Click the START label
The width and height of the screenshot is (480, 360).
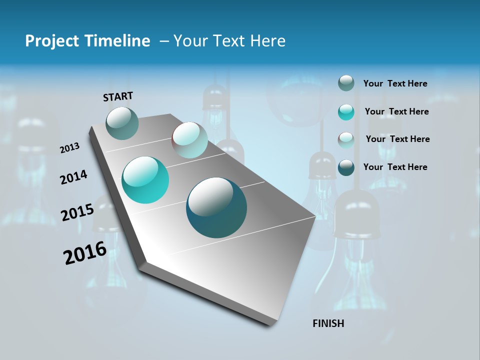[118, 96]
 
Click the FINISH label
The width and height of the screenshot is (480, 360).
[328, 323]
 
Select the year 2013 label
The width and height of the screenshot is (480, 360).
[69, 148]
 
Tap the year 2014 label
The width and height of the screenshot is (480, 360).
[74, 177]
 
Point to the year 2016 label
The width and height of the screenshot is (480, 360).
[85, 252]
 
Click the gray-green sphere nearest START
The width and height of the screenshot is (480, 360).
[122, 123]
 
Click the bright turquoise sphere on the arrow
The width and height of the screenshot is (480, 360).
[145, 180]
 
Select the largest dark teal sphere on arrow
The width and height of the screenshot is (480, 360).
[216, 207]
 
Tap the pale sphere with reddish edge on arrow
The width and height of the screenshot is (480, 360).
[189, 140]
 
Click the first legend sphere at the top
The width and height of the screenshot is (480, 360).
[346, 83]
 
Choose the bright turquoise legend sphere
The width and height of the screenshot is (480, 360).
[346, 112]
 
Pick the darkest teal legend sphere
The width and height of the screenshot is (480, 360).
[346, 167]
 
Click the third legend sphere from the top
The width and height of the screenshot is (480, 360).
[346, 140]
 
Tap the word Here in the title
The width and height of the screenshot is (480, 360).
[267, 41]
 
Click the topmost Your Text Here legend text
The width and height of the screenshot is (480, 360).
[395, 84]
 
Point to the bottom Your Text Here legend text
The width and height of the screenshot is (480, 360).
[395, 167]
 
